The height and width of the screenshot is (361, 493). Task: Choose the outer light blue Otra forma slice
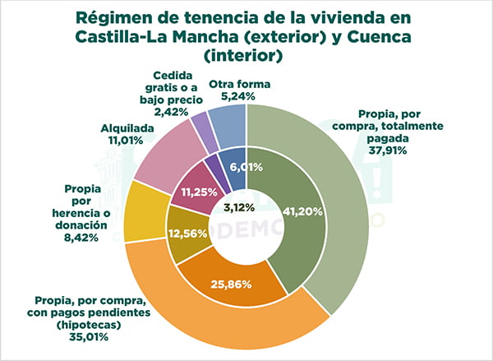(226, 120)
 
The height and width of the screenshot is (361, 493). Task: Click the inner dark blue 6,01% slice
(233, 166)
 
